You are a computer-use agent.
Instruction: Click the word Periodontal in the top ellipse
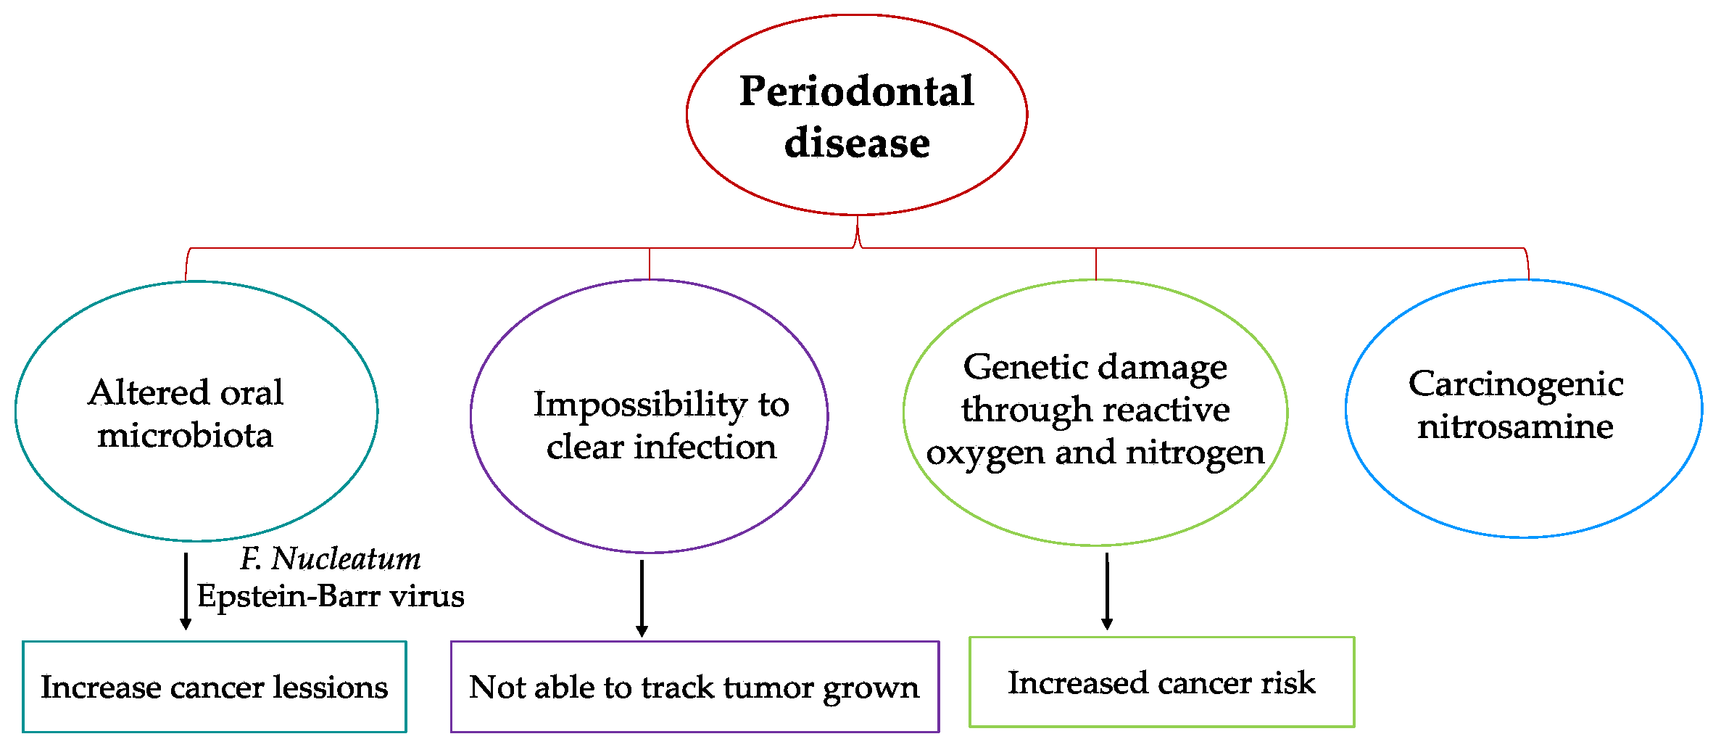(x=857, y=92)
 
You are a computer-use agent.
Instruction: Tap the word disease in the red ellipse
(x=857, y=142)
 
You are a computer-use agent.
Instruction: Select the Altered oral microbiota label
(x=186, y=413)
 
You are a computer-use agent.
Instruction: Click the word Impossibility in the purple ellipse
(x=640, y=405)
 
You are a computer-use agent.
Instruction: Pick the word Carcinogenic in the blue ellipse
(x=1516, y=385)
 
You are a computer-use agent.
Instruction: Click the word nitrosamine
(x=1516, y=426)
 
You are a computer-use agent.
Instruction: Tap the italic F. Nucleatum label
(x=331, y=558)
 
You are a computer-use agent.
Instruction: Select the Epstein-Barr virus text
(x=331, y=596)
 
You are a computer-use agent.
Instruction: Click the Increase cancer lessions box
(x=215, y=686)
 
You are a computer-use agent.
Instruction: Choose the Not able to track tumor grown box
(x=694, y=686)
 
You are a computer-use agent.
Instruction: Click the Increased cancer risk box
(x=1162, y=682)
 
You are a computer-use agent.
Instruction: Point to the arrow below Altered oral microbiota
(x=186, y=591)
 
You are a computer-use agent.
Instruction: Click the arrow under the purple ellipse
(x=642, y=598)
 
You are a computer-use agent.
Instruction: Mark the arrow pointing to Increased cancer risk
(x=1107, y=591)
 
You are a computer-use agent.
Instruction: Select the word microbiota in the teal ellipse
(x=186, y=436)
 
